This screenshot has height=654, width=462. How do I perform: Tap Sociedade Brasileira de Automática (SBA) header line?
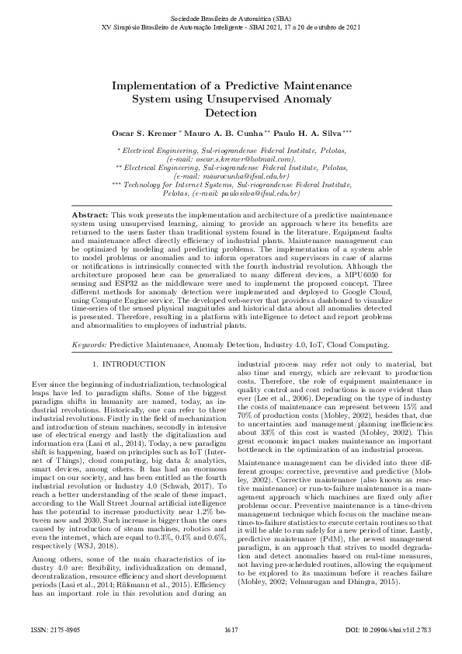tap(231, 16)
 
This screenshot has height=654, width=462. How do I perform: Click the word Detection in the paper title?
tap(231, 112)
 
